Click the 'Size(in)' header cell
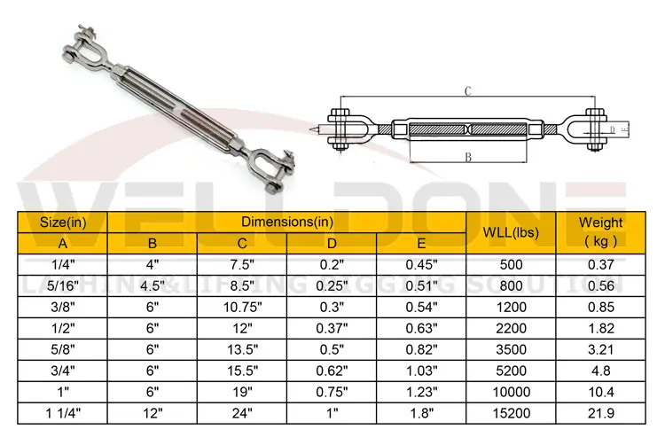tap(63, 222)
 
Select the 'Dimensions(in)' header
tap(287, 222)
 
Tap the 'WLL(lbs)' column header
tap(511, 233)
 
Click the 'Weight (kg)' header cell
tap(600, 232)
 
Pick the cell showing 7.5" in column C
tap(242, 265)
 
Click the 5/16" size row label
tap(63, 285)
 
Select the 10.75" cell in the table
tap(242, 307)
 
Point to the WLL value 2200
tap(511, 328)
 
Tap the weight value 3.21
tap(600, 349)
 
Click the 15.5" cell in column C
tap(242, 371)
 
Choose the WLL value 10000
tap(511, 391)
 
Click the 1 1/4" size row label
tap(63, 412)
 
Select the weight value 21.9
tap(600, 412)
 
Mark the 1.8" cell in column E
tap(421, 412)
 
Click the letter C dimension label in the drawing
tap(465, 90)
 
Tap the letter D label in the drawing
tap(612, 130)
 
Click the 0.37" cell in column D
tap(332, 328)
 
